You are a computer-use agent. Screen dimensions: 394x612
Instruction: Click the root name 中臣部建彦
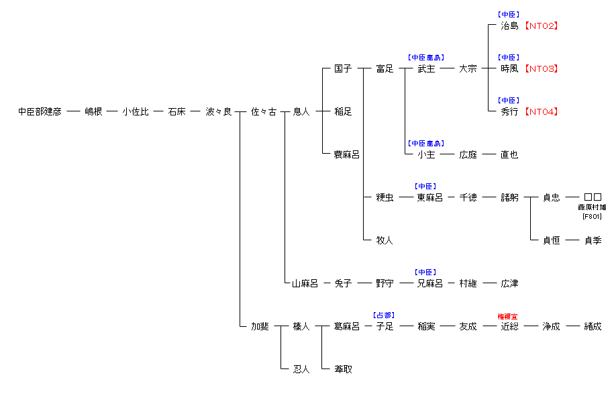(40, 112)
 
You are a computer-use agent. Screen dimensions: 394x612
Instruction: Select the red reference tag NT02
(541, 26)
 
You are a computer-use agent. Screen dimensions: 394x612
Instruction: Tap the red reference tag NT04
(541, 112)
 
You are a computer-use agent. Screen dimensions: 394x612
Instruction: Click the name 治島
(509, 26)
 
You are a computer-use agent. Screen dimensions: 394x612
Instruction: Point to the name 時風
(509, 69)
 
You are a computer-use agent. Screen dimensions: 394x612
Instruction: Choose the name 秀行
(509, 112)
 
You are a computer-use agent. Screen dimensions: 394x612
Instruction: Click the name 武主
(426, 69)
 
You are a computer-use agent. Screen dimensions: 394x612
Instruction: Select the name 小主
(426, 155)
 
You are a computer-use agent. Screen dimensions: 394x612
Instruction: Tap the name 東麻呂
(429, 198)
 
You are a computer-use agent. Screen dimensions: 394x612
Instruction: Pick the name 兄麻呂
(429, 284)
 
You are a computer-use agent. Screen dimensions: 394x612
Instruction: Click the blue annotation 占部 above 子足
(384, 315)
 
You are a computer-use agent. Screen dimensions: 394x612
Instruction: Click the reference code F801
(592, 216)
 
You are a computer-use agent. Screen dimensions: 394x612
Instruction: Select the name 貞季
(593, 241)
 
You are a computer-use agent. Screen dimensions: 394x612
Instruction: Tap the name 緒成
(593, 327)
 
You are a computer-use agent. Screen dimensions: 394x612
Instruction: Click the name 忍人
(301, 370)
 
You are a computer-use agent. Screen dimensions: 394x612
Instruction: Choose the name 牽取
(343, 370)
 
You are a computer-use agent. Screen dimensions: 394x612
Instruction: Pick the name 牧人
(385, 241)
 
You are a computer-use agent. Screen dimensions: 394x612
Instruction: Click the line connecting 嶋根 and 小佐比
(112, 112)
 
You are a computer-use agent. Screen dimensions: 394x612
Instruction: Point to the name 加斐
(260, 327)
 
